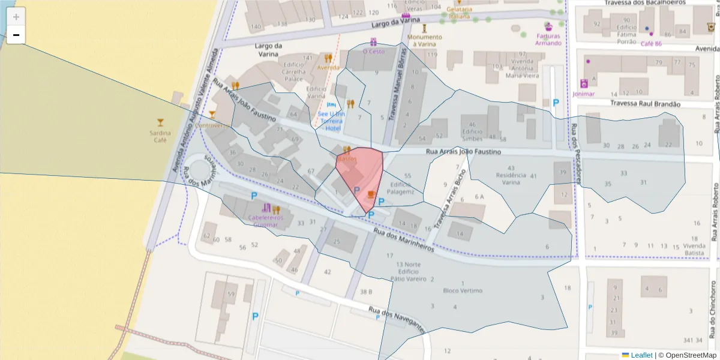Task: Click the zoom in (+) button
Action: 16,17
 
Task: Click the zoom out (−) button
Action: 16,35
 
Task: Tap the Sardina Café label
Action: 160,136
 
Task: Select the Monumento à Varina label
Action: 424,40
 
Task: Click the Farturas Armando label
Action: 548,39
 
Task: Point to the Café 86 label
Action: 651,44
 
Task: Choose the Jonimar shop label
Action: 584,94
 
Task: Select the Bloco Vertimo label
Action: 463,290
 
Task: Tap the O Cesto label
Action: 374,52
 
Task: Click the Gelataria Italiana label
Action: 459,13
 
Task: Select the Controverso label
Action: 212,125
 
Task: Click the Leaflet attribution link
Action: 641,355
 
